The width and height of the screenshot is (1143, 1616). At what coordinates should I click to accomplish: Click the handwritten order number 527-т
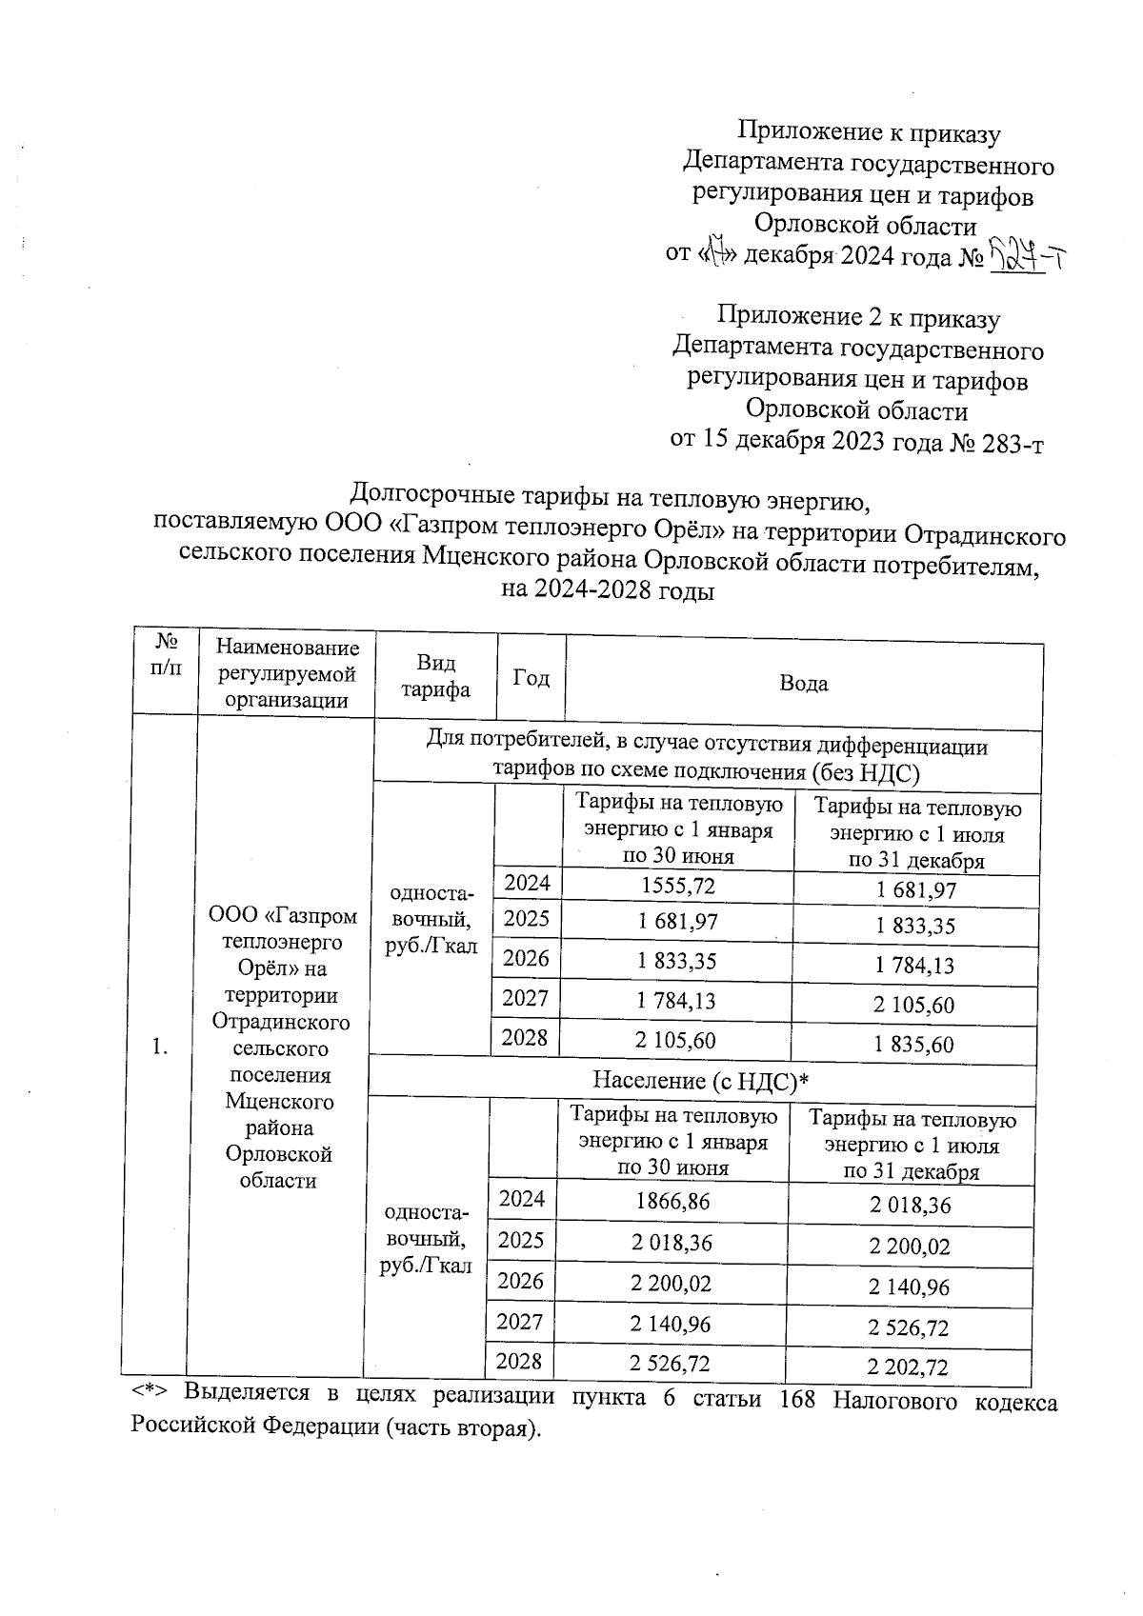(x=1026, y=254)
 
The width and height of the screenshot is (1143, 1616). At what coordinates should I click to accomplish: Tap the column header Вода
(x=803, y=683)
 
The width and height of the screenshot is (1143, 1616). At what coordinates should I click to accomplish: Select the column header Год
(x=531, y=677)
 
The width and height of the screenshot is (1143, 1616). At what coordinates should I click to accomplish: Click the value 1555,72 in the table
(x=677, y=886)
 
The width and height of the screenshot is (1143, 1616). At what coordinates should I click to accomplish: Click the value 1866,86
(x=672, y=1202)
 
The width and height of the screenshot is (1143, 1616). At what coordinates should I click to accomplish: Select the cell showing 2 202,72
(x=908, y=1367)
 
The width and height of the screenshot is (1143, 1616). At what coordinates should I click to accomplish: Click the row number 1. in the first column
(x=160, y=1047)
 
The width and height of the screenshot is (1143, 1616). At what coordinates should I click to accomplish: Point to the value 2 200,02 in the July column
(x=910, y=1246)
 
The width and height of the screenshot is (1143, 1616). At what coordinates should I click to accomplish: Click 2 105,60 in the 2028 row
(x=675, y=1040)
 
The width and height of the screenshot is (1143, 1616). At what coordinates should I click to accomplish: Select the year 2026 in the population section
(x=520, y=1281)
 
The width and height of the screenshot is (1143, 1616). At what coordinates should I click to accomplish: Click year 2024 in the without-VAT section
(x=527, y=883)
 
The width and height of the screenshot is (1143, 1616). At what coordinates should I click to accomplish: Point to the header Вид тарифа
(x=435, y=676)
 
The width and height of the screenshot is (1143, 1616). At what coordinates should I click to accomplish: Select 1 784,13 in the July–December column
(x=914, y=965)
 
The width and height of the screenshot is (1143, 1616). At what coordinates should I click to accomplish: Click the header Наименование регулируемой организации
(x=287, y=673)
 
